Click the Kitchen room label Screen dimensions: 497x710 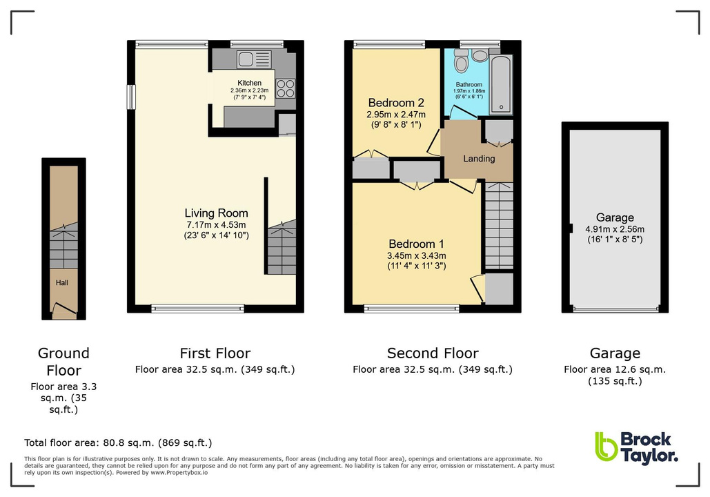[249, 84]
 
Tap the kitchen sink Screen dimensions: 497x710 [248, 59]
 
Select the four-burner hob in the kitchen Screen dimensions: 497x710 [285, 89]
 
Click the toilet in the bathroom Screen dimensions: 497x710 [462, 64]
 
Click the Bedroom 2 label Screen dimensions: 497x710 [395, 103]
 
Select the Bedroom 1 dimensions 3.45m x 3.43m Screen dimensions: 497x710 [416, 255]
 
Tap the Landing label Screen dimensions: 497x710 [478, 159]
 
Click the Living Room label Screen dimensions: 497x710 [216, 213]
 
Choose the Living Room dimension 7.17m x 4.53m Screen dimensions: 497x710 [216, 224]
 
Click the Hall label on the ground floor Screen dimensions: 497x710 [63, 282]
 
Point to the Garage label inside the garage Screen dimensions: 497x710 [615, 218]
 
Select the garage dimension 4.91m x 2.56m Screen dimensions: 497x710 [615, 230]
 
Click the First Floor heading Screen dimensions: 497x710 [215, 353]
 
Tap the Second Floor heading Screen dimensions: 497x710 [433, 353]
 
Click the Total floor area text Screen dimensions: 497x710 [118, 442]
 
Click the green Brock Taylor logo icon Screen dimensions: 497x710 [605, 447]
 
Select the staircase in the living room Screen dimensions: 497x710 [282, 249]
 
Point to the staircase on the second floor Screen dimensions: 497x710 [499, 224]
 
